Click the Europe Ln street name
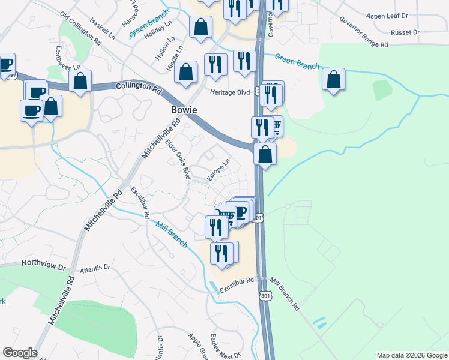pyautogui.click(x=218, y=170)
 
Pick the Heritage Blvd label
pyautogui.click(x=229, y=92)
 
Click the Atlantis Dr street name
pyautogui.click(x=95, y=268)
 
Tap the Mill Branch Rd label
pyautogui.click(x=285, y=293)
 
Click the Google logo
pyautogui.click(x=20, y=353)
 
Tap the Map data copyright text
pyautogui.click(x=412, y=355)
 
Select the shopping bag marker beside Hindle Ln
pyautogui.click(x=187, y=73)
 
